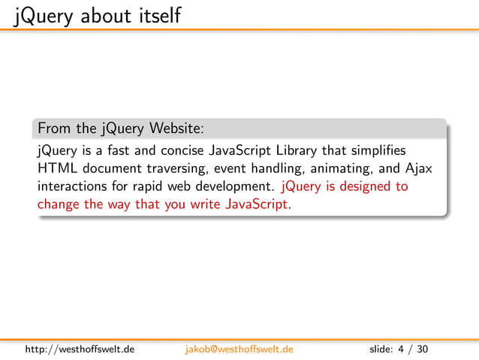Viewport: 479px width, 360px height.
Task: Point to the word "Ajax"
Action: point(417,168)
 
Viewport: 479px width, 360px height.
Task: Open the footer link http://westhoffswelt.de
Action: point(80,349)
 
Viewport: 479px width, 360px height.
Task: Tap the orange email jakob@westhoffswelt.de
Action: point(239,349)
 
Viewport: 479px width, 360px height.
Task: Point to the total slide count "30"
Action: point(422,349)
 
